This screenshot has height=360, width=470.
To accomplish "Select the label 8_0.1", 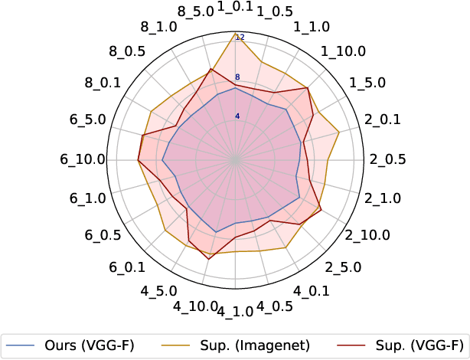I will (x=99, y=83).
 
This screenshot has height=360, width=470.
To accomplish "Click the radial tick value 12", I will (x=240, y=38).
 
